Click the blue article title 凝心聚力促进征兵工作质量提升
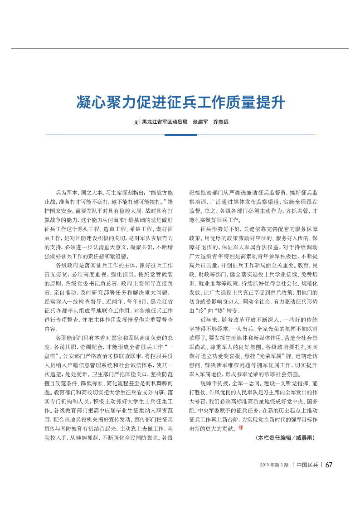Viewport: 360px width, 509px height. (x=180, y=102)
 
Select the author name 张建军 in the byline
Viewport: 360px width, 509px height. (x=200, y=122)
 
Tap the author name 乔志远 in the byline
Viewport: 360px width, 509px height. (x=221, y=122)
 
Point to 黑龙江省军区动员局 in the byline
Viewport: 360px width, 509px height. (x=165, y=122)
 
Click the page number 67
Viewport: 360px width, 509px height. (x=329, y=465)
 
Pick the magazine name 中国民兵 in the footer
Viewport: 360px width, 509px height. (x=307, y=465)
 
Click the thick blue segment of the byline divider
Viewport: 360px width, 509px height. (x=180, y=135)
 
